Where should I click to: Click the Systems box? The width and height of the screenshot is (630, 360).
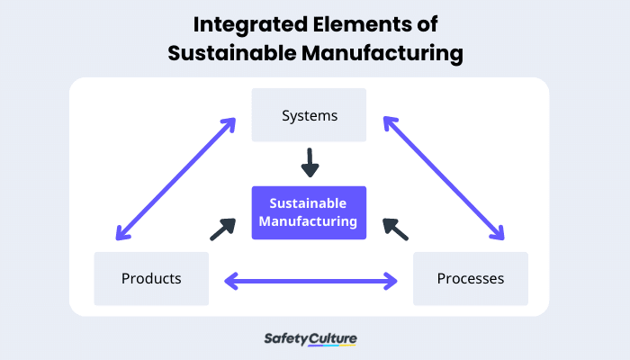click(309, 115)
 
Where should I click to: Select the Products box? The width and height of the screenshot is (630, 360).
click(151, 278)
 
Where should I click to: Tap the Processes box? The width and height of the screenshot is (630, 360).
click(470, 278)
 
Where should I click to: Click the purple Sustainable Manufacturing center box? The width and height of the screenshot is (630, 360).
click(309, 212)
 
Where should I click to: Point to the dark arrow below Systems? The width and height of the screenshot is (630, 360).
click(309, 163)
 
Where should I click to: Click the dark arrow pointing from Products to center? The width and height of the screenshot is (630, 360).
click(222, 229)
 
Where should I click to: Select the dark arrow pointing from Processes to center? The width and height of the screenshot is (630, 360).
click(395, 229)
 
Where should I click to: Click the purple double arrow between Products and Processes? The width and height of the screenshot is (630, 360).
click(310, 282)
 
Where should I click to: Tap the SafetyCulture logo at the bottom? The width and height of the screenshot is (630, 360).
click(310, 339)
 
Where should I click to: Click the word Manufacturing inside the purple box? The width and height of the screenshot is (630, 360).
click(309, 221)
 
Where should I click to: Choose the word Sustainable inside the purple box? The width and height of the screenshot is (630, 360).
click(309, 203)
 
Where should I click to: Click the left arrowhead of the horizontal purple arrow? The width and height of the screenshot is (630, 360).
click(230, 282)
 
